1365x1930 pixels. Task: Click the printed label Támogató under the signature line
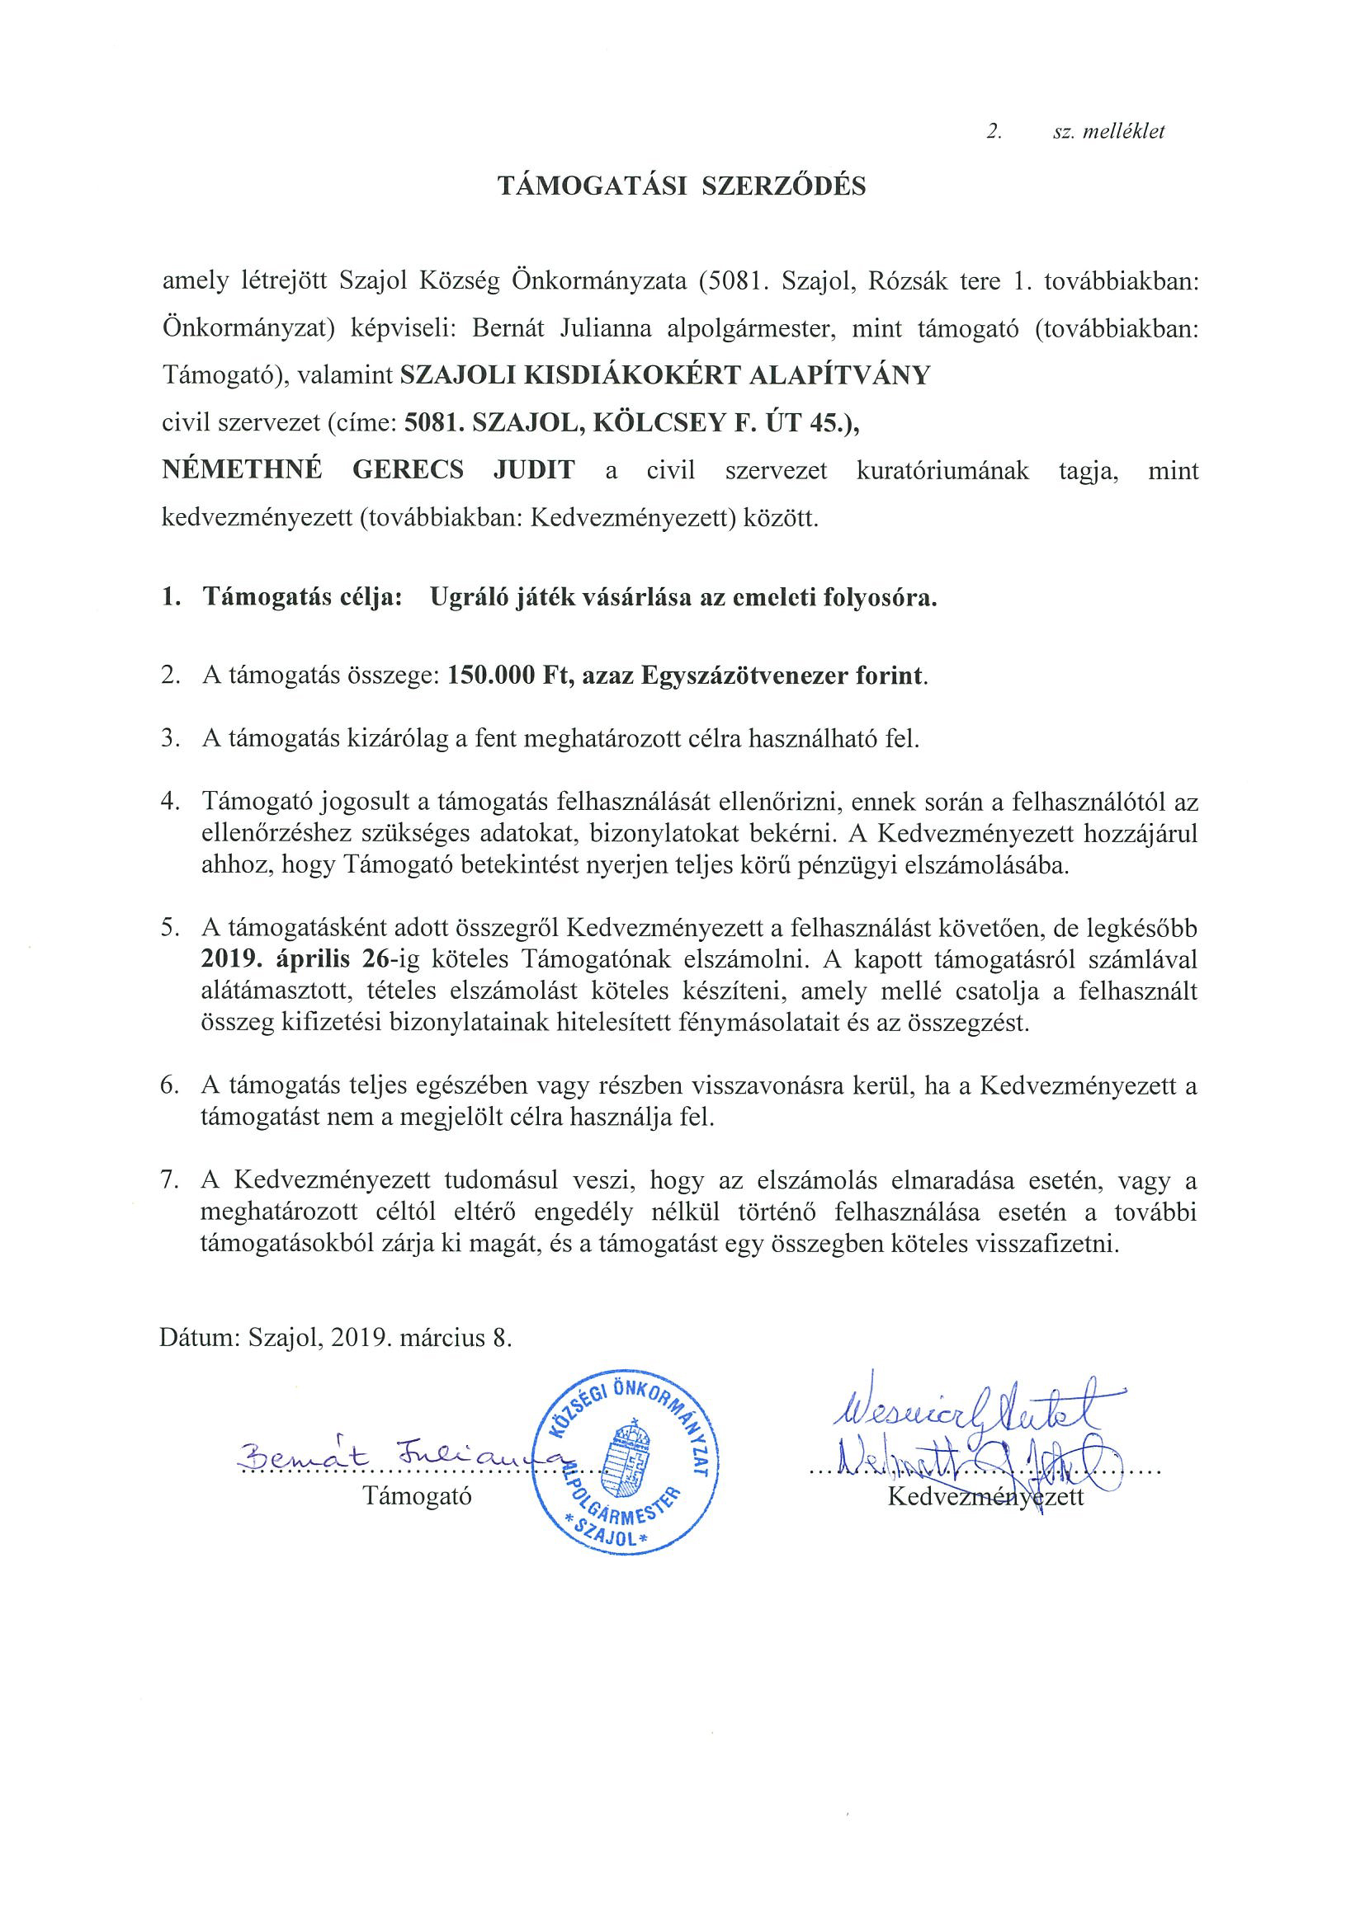pos(417,1495)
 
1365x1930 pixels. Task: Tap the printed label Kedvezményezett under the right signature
pos(985,1496)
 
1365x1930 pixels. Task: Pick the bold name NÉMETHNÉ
pos(241,469)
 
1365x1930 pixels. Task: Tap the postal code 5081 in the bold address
pos(433,423)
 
